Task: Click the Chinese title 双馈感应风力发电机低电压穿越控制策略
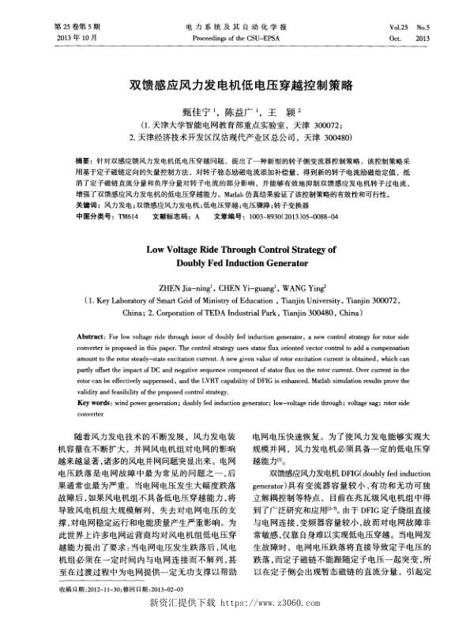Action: (235, 82)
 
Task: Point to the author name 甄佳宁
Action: (196, 113)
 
